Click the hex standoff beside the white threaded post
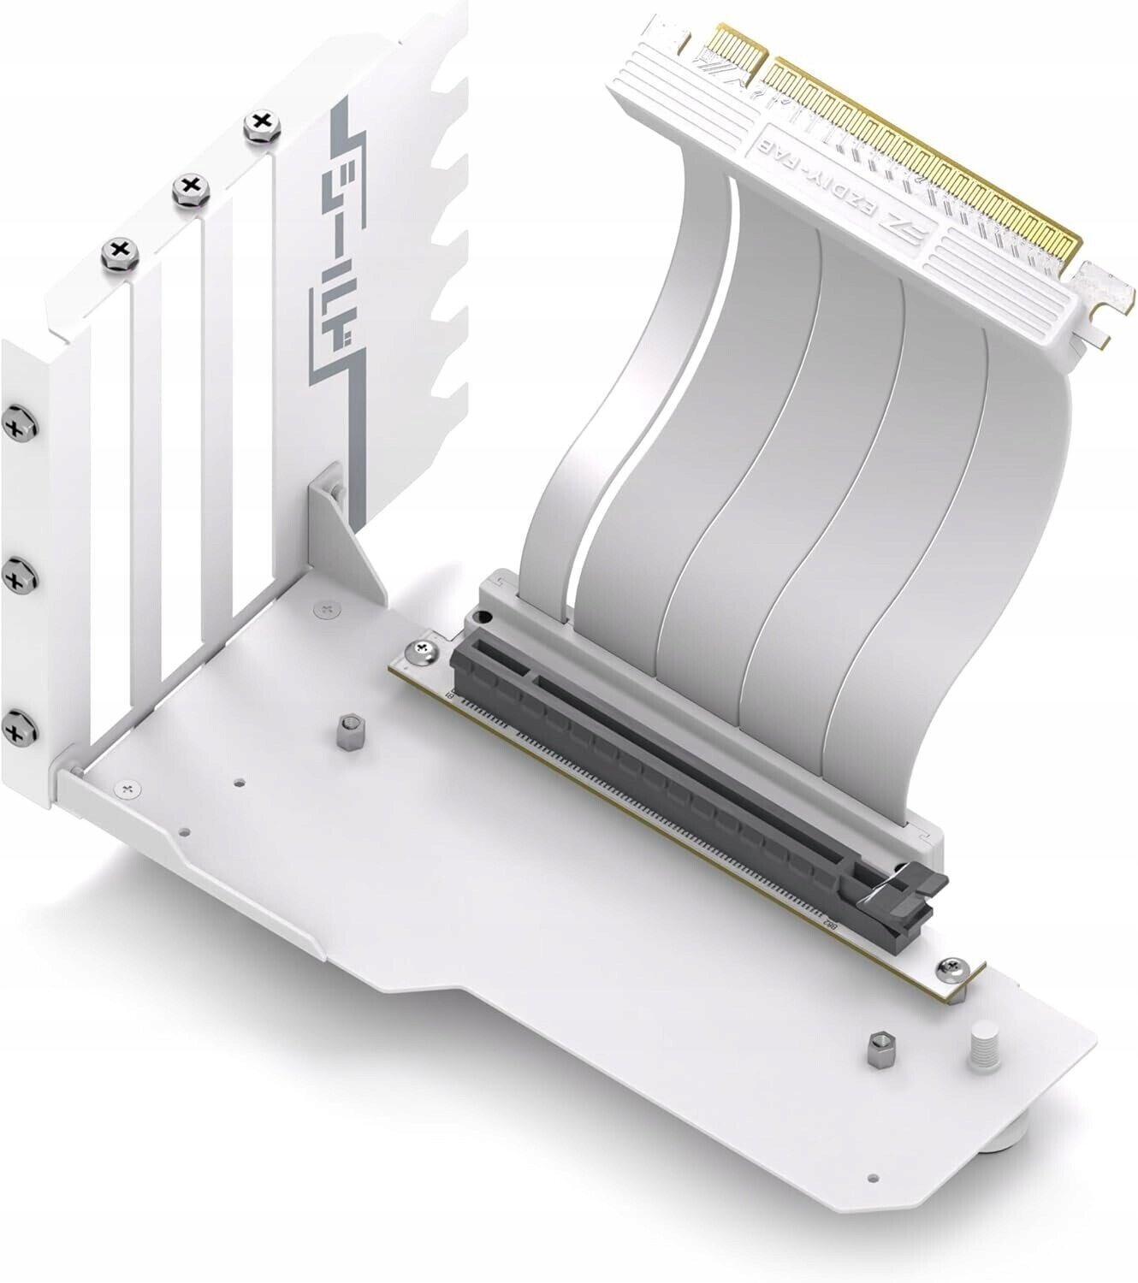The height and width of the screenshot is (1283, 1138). [x=877, y=1049]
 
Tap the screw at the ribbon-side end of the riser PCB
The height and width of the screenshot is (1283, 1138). [x=425, y=652]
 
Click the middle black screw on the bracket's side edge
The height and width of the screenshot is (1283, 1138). [x=16, y=580]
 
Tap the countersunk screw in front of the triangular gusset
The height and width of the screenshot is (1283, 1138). [x=323, y=608]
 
